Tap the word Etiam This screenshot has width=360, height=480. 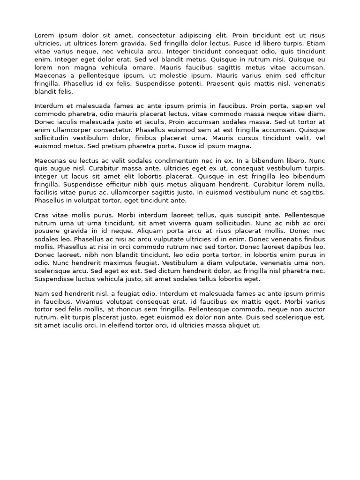click(315, 44)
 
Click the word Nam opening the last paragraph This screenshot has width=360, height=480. click(42, 293)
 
